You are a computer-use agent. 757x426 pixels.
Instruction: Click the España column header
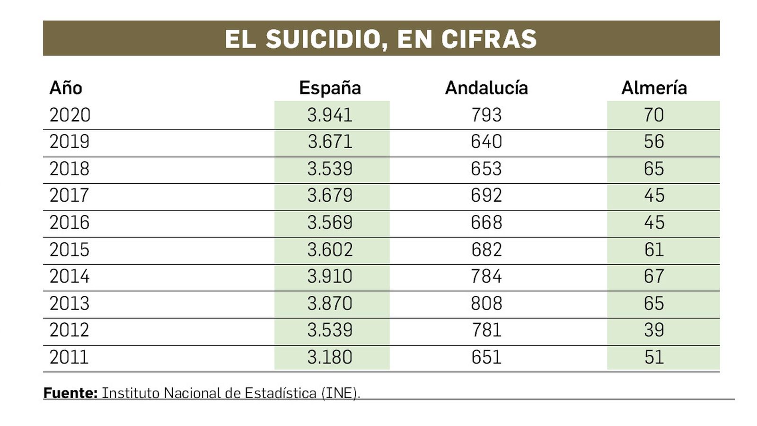330,88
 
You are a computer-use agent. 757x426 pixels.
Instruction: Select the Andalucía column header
486,88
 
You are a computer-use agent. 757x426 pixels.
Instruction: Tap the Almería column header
654,88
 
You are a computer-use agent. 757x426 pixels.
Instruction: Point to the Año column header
66,88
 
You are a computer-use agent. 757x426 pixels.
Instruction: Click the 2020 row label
70,115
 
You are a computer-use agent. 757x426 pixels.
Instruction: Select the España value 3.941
330,115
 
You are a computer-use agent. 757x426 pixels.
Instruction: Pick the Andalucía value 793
486,115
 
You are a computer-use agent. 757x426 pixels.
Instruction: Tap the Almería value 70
654,115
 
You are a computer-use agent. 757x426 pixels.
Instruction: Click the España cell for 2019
330,142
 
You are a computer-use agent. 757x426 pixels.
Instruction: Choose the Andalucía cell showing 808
486,303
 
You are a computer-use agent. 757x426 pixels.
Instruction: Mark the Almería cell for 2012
654,330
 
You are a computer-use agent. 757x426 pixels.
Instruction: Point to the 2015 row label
70,249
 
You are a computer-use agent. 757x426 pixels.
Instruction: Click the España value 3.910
330,276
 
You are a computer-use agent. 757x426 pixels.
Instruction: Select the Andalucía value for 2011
486,357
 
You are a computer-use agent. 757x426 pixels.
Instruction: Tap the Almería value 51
654,357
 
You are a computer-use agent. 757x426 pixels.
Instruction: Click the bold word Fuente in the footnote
70,393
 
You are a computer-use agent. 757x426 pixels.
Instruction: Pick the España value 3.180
330,357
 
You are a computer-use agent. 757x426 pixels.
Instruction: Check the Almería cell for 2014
654,276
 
